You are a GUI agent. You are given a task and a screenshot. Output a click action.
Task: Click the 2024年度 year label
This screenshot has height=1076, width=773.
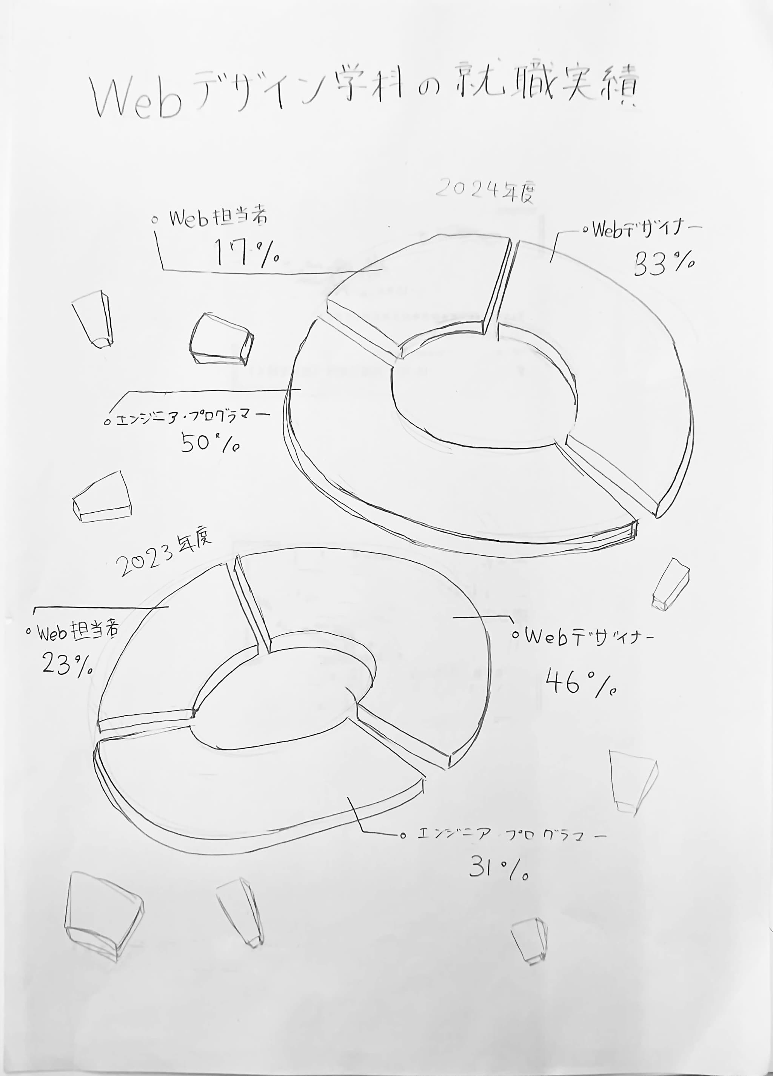click(485, 190)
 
